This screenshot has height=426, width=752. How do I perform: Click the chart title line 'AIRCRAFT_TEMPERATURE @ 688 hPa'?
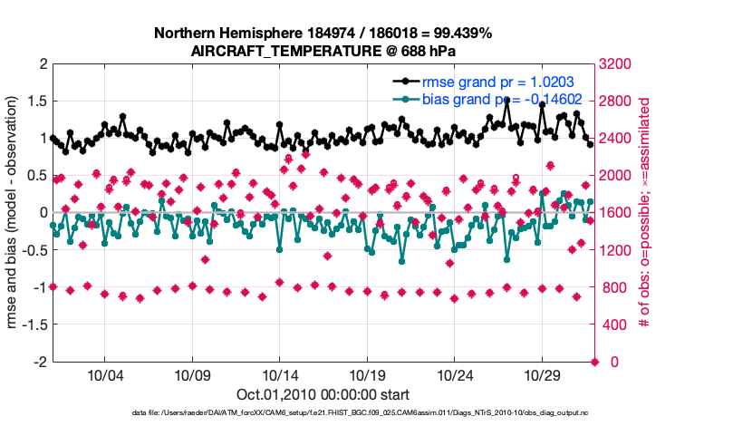click(x=323, y=52)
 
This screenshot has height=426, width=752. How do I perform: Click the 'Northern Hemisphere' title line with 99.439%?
click(x=323, y=34)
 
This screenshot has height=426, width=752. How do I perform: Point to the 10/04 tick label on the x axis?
click(x=104, y=375)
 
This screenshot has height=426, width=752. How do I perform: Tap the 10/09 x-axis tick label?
click(x=192, y=375)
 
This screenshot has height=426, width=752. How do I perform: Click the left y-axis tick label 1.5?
click(x=36, y=102)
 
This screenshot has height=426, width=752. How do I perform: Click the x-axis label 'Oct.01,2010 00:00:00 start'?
click(x=323, y=395)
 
